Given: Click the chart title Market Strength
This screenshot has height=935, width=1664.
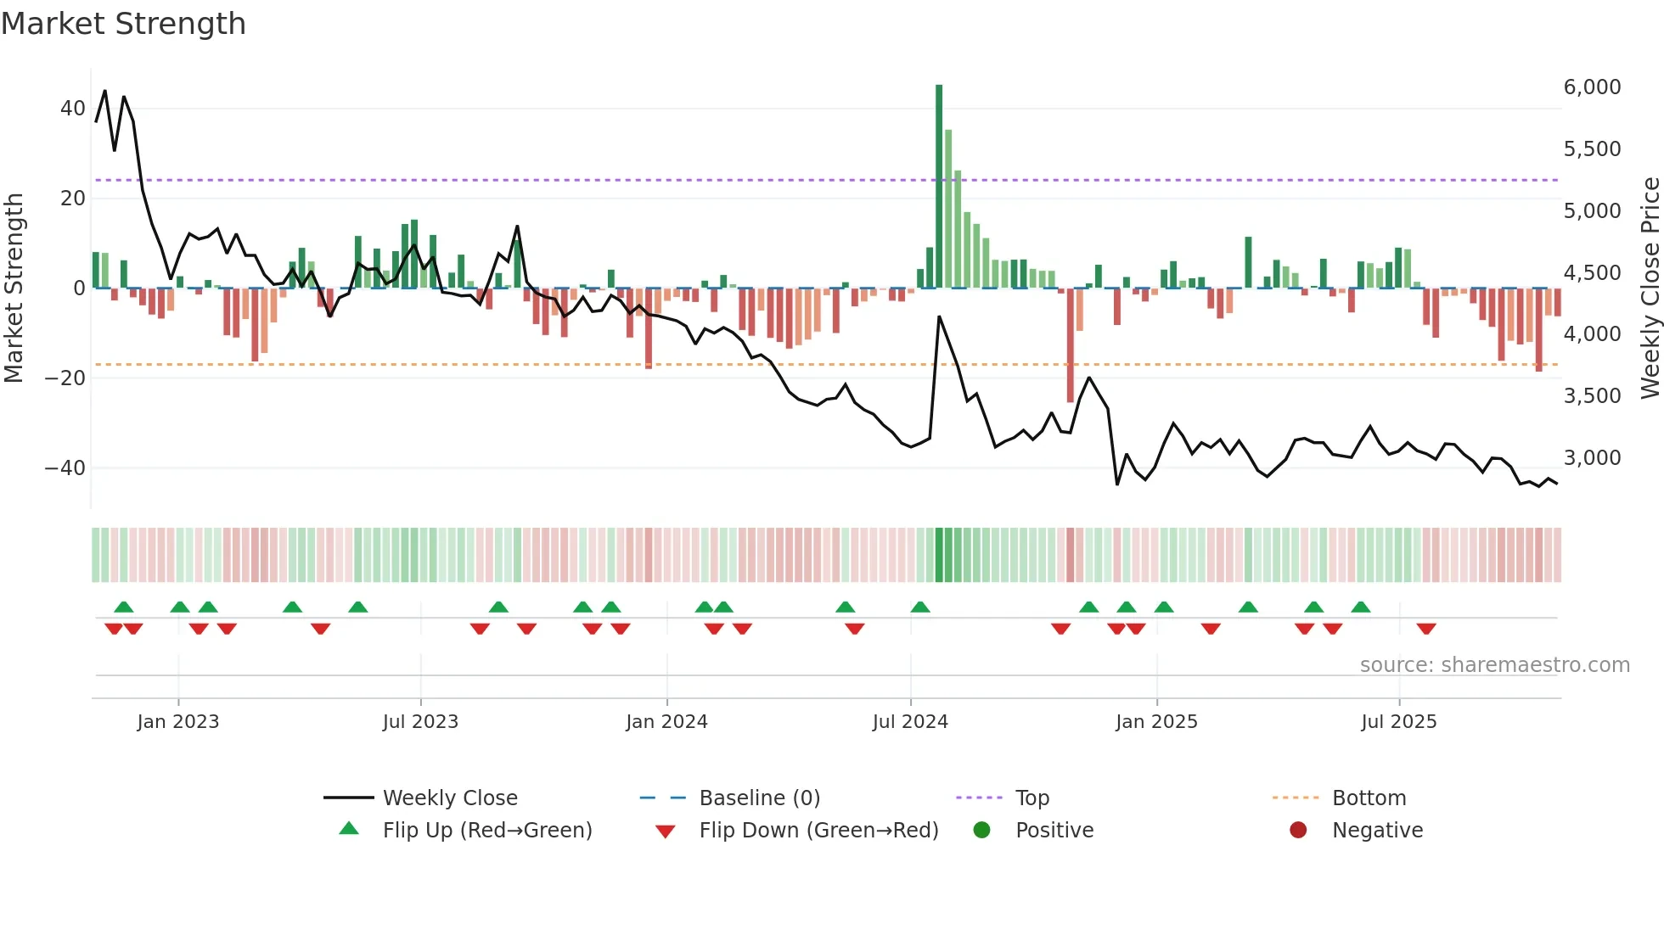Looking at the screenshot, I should (124, 24).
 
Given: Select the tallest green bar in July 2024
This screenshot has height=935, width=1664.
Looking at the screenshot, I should (939, 187).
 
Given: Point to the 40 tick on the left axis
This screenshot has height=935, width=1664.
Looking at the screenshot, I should (73, 109).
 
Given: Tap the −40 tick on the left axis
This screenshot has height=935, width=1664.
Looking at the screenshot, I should (65, 468).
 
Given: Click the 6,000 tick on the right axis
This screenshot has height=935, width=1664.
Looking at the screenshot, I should (1592, 87).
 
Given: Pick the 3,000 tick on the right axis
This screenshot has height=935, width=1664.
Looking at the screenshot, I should (1592, 458).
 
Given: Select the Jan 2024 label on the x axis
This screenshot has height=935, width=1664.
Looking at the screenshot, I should (666, 722).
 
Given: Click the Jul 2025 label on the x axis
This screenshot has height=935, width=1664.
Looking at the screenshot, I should (1398, 722).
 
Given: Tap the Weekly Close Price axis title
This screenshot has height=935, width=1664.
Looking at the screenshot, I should (1650, 288).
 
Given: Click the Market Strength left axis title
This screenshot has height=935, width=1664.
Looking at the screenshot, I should (14, 288).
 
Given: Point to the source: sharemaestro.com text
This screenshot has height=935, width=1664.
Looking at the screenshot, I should (1494, 665).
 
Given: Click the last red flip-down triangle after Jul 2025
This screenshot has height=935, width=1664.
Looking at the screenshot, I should (1426, 629).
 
